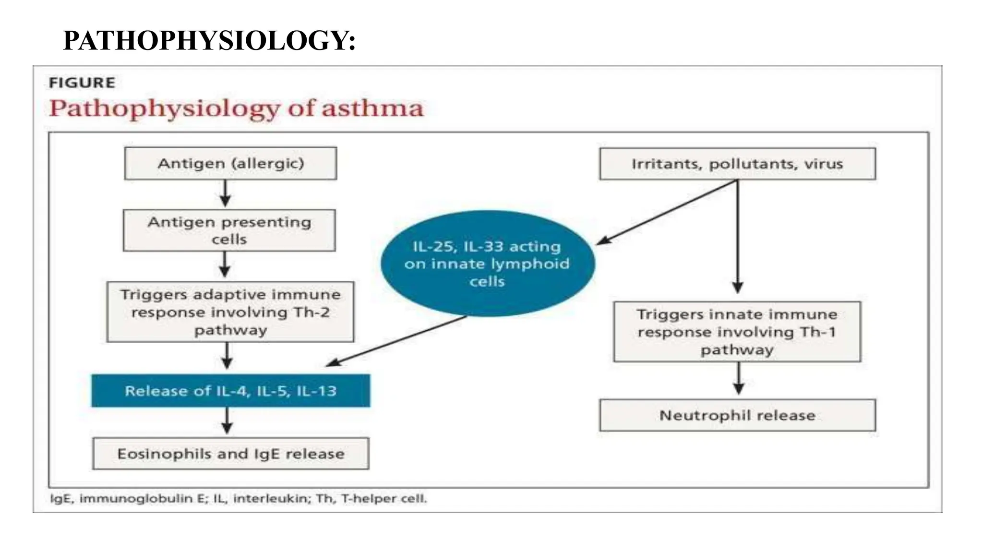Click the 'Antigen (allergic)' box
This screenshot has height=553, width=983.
230,163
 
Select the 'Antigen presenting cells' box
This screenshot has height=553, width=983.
229,230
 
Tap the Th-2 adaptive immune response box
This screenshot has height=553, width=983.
230,312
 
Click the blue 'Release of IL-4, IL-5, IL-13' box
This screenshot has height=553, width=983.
230,391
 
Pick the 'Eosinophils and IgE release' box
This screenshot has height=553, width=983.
230,454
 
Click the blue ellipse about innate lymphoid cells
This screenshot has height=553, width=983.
488,264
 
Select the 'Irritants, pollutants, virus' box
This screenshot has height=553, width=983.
737,164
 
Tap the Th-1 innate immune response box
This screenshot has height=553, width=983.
737,332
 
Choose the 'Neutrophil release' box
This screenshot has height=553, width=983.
737,415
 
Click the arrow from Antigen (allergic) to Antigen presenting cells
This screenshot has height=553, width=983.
226,193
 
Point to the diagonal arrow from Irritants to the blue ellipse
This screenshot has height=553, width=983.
667,212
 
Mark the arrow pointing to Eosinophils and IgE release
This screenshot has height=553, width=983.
228,421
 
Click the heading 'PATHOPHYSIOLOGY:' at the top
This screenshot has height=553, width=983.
209,40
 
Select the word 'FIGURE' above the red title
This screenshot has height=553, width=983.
82,83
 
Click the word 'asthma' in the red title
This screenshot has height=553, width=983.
372,108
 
